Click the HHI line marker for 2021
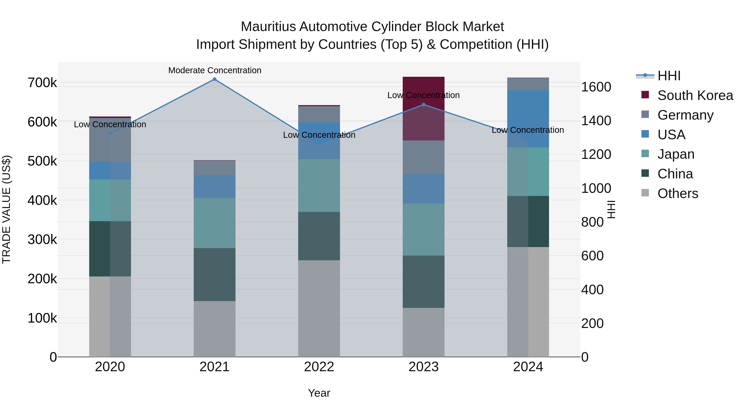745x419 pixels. [x=214, y=79]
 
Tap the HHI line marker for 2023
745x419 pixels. [x=423, y=105]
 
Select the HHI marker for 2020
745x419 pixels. [x=110, y=134]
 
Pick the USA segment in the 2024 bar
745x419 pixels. [x=528, y=119]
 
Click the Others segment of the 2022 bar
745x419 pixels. [x=319, y=308]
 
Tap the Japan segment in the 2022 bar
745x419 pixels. [x=319, y=185]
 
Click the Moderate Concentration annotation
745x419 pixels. [x=215, y=71]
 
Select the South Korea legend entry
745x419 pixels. [x=695, y=95]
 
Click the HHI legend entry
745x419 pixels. [x=669, y=76]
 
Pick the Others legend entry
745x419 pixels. [x=678, y=193]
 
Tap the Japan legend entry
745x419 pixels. [x=676, y=154]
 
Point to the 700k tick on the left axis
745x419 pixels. [x=42, y=83]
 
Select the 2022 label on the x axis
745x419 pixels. [x=319, y=367]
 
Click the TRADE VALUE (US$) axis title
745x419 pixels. [x=6, y=209]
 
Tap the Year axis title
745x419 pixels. [x=319, y=393]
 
